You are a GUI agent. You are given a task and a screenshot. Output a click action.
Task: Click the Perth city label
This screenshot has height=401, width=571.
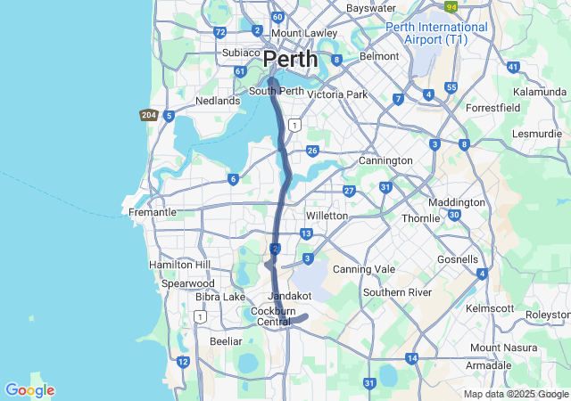pos(291,60)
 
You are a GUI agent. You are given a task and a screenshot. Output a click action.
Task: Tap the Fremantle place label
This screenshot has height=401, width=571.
pos(153,213)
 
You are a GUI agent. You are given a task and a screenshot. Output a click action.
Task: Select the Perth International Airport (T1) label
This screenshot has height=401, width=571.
pos(437,34)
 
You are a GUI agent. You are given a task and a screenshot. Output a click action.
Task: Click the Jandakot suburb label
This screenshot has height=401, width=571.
pos(289,295)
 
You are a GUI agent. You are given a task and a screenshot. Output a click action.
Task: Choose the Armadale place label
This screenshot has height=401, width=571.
pos(490,365)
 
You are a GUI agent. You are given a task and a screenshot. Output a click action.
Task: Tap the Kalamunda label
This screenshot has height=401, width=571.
pos(541,92)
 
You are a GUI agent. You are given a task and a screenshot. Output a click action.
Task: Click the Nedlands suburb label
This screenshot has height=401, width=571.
pos(219,102)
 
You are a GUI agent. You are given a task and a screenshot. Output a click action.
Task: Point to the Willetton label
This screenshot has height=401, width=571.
pos(327,217)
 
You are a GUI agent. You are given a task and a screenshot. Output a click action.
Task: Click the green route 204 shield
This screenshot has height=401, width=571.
pos(148,115)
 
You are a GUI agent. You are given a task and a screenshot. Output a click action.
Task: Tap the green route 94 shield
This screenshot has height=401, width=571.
pos(452,7)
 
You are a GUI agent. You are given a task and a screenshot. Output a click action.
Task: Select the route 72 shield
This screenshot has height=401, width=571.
pos(219,32)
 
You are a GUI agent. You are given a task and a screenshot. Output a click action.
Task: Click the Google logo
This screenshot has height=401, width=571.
pos(29,390)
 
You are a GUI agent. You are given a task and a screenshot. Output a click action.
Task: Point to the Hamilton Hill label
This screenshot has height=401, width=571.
pos(178,266)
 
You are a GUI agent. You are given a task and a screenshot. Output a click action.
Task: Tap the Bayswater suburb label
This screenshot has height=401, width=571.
pos(370,8)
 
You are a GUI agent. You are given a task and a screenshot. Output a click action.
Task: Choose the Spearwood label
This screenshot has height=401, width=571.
pos(188,283)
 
